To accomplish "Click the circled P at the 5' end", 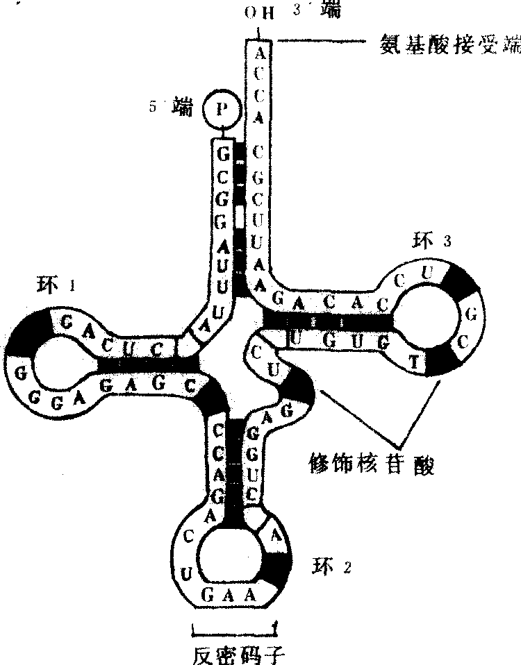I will (221, 109).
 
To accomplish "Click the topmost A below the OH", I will (259, 53).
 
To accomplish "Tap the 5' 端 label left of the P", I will (171, 107).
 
